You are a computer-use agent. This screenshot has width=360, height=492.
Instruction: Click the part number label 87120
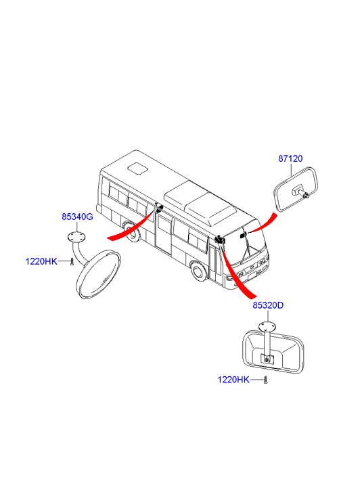290,159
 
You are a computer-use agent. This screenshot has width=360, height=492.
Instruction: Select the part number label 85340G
77,217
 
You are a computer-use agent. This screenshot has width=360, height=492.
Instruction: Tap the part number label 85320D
268,305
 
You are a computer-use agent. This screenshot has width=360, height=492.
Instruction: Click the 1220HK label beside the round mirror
41,261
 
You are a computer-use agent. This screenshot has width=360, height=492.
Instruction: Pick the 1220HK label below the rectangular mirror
233,380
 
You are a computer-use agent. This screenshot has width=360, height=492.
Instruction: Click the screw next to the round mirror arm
72,261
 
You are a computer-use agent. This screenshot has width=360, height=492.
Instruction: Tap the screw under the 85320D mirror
265,380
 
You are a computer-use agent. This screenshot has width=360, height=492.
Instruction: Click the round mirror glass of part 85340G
99,274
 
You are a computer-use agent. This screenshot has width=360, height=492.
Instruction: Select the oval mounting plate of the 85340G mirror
76,238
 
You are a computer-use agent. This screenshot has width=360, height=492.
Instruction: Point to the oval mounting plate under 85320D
267,327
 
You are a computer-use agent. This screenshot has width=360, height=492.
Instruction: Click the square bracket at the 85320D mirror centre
267,359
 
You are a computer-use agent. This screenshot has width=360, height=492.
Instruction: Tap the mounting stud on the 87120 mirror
300,192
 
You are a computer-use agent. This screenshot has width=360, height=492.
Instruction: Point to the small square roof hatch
137,168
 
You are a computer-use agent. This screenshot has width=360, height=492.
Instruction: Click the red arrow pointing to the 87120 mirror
263,223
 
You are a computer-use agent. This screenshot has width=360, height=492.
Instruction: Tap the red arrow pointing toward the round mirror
131,226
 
